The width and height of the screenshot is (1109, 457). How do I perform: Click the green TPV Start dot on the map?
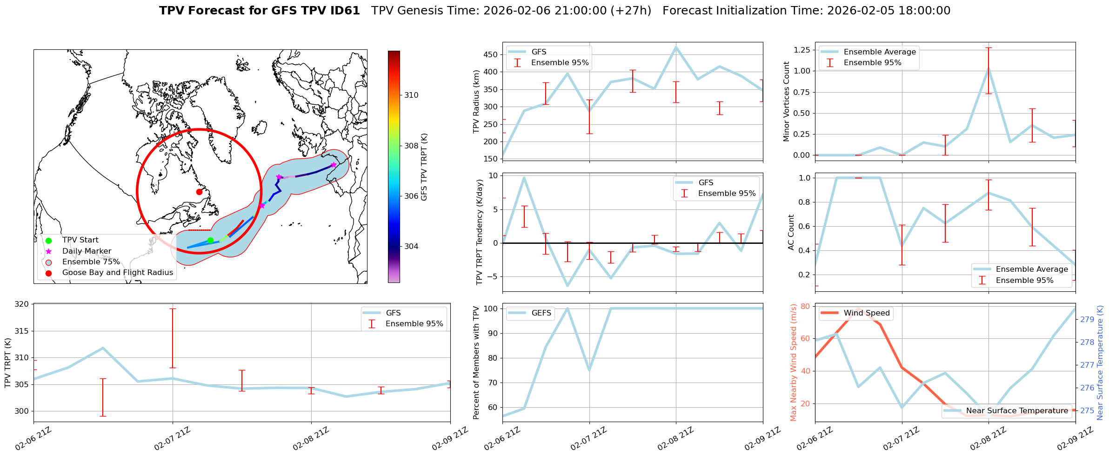coord(210,240)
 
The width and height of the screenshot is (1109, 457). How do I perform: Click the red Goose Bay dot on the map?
coord(199,192)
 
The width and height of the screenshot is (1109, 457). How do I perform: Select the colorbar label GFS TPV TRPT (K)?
coord(424,167)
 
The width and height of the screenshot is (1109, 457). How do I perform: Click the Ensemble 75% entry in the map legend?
coord(91,262)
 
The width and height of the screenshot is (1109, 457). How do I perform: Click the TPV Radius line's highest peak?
coord(676,47)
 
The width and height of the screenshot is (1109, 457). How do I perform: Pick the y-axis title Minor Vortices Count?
coord(787,101)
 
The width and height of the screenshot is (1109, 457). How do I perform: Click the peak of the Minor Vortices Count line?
coord(989,68)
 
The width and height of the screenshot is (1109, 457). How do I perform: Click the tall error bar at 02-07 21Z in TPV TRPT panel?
coord(173,338)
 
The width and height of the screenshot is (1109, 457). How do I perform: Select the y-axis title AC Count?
coord(791,232)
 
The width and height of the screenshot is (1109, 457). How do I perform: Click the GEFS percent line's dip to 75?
coord(589,370)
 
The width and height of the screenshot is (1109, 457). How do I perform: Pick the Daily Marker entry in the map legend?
coord(87,251)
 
